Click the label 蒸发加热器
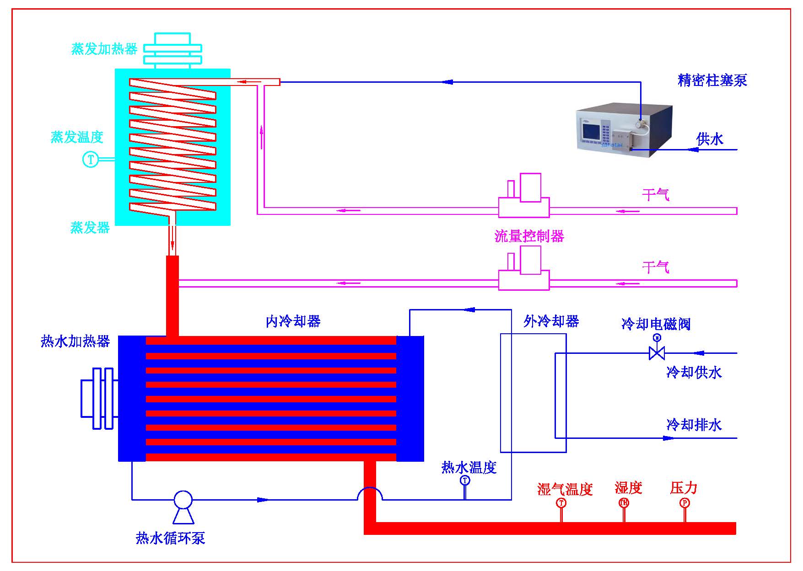point(104,49)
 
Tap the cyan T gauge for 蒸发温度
point(90,160)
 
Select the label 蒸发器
point(90,227)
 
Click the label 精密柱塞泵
point(712,80)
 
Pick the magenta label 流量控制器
point(529,236)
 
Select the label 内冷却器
point(293,321)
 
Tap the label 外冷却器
point(551,321)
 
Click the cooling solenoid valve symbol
point(657,352)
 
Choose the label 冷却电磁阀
point(656,324)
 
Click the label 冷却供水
point(694,372)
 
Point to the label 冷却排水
point(694,425)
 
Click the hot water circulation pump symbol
point(183,500)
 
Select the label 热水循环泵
point(170,538)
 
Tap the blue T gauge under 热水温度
point(465,480)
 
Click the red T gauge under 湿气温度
point(561,503)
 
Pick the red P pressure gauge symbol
point(684,503)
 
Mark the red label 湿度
point(628,488)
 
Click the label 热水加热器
point(75,341)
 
